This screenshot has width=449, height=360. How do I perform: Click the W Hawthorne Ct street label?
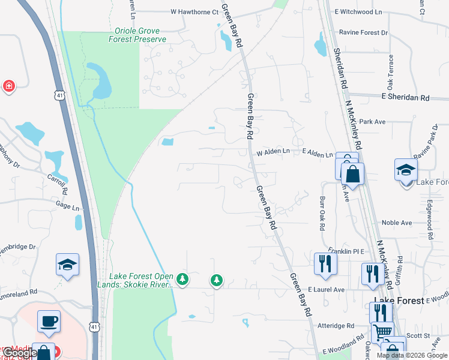point(194,11)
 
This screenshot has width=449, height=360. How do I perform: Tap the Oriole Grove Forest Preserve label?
point(137,35)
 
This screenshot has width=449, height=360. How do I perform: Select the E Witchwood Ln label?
point(358,11)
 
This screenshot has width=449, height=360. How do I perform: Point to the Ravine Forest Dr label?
point(363,32)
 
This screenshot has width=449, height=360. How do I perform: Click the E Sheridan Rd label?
point(406,97)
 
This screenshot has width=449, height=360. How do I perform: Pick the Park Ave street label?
point(372,122)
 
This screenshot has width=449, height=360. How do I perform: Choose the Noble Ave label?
point(397,223)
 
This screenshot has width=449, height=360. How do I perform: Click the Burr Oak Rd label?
point(322,211)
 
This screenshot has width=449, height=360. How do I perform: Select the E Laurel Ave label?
point(326,289)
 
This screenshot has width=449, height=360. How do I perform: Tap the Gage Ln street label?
point(67,206)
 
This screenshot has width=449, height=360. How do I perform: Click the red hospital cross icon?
point(9,86)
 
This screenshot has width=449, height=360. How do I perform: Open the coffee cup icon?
point(49,320)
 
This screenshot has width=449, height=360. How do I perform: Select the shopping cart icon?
point(382,331)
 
